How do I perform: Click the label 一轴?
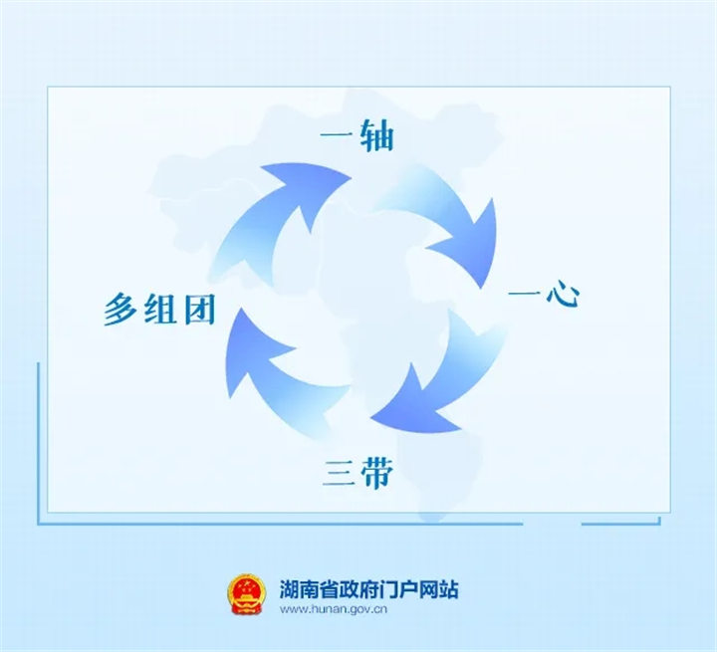tap(356, 136)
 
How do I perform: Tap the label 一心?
tap(543, 295)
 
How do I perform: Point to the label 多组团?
tap(159, 311)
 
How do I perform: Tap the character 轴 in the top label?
tap(374, 136)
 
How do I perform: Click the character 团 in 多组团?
tap(196, 311)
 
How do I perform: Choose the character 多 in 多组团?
tap(121, 311)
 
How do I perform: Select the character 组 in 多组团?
tap(159, 311)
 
